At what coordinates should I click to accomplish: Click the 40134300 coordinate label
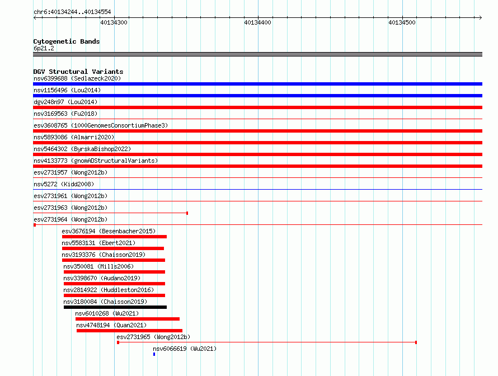(x=114, y=22)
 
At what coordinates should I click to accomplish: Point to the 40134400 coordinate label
(x=257, y=22)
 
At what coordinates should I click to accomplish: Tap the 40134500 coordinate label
(x=402, y=22)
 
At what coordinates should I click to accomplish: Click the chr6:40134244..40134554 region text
(x=72, y=12)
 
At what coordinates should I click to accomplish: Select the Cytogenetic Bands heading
(x=67, y=41)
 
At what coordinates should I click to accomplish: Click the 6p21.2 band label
(x=44, y=48)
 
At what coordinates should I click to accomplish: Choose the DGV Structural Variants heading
(x=78, y=72)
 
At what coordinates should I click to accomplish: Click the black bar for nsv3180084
(x=115, y=307)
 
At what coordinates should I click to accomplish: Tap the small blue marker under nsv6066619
(x=154, y=354)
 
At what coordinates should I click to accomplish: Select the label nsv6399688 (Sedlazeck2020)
(x=77, y=78)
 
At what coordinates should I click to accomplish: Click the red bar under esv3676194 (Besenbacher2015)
(x=114, y=237)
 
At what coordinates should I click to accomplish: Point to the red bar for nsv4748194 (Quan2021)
(x=130, y=331)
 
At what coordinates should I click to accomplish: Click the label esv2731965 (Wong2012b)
(x=153, y=337)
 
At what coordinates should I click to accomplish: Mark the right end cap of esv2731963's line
(x=187, y=213)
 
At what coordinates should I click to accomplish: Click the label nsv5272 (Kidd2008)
(x=64, y=184)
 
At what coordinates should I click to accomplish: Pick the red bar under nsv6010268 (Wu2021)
(x=128, y=319)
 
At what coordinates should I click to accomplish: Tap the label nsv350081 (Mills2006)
(x=98, y=266)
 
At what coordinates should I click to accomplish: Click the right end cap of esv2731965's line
(x=416, y=342)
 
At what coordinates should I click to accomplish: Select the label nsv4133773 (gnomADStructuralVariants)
(x=96, y=161)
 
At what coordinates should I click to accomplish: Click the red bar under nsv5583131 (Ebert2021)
(x=113, y=248)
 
